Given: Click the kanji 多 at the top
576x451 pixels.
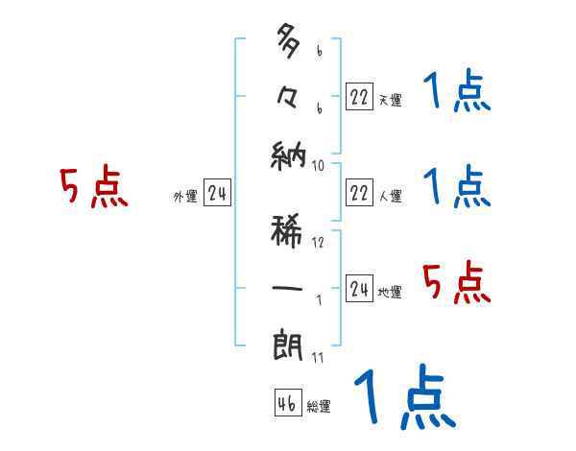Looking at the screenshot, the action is coord(289,43).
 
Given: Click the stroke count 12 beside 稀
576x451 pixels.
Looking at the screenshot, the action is coord(318,242).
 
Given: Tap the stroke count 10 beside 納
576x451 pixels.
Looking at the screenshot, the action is coord(318,165).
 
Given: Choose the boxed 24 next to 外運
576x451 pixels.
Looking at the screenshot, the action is coord(217,194).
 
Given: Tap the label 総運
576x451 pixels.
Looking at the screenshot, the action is coord(319,407).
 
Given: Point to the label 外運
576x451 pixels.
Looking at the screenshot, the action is coord(184,197).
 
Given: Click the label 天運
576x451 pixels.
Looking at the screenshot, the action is coord(390,100).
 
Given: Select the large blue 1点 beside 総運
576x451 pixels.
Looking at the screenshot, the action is coord(403,398).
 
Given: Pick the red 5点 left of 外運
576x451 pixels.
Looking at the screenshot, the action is coord(93,187).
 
